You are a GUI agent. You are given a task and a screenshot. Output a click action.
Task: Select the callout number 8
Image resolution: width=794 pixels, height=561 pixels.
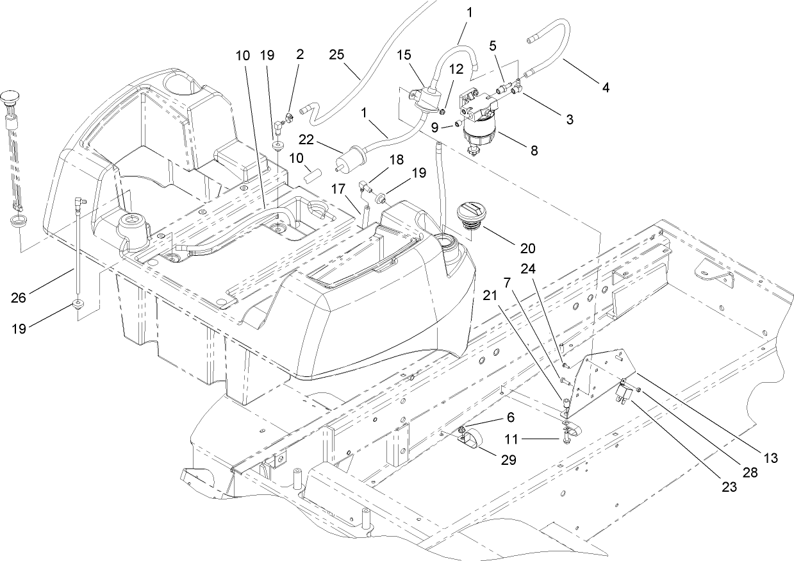(x=533, y=151)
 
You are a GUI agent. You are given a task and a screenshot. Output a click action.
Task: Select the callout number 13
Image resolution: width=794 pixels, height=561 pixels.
(x=770, y=458)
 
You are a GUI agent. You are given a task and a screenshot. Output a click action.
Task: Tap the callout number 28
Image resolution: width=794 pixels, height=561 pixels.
(x=750, y=473)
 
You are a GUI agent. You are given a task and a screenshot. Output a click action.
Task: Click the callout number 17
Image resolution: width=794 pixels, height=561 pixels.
(x=338, y=189)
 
